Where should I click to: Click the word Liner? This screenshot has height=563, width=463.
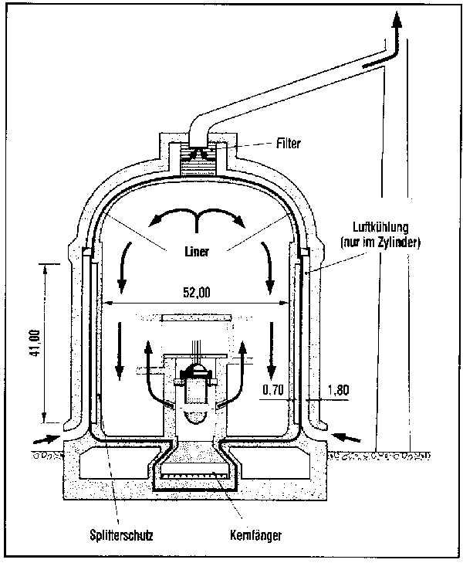click(x=198, y=250)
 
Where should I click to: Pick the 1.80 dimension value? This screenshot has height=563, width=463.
click(x=338, y=391)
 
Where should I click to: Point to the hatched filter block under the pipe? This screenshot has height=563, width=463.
click(x=198, y=164)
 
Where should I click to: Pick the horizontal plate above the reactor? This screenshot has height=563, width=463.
click(x=197, y=317)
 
